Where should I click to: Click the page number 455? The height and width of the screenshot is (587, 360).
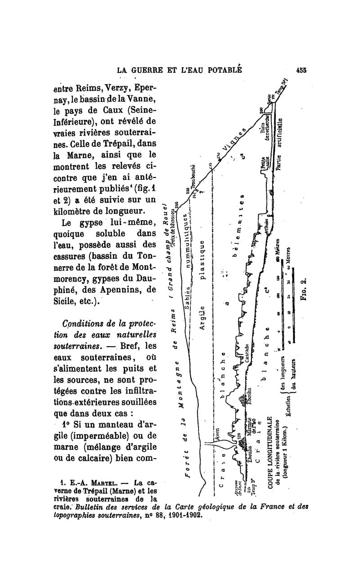click(301, 70)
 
